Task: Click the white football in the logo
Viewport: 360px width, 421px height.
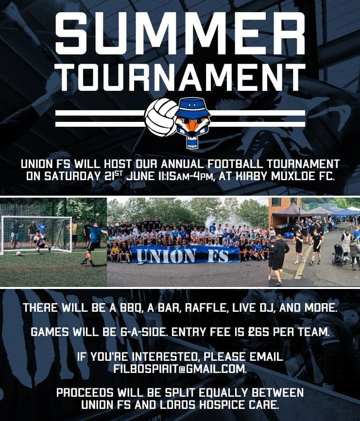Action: pos(161,118)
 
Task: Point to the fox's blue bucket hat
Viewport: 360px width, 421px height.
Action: pos(192,108)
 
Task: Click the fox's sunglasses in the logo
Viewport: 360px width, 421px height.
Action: pos(192,121)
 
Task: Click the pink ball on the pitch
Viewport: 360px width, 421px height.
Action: pos(18,253)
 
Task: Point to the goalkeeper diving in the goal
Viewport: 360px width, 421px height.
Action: pos(41,242)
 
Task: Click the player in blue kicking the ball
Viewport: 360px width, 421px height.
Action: pos(92,244)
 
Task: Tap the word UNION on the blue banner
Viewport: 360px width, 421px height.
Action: pos(166,255)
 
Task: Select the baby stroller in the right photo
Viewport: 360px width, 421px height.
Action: pos(339,254)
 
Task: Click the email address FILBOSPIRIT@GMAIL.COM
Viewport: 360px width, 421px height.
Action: pos(180,369)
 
